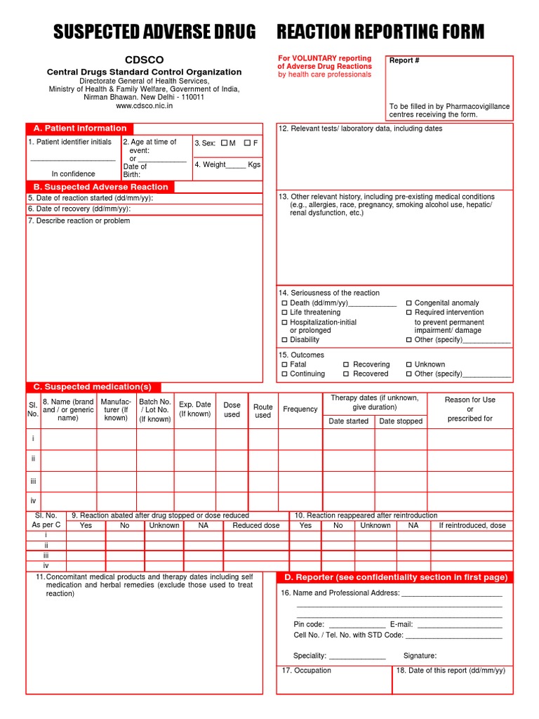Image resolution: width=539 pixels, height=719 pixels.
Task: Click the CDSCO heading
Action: pos(144,60)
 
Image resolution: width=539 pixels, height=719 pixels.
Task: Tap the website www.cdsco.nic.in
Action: pos(144,106)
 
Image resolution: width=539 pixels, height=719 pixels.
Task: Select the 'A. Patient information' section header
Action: pos(80,128)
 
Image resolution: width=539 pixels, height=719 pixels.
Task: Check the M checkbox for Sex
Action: pos(225,143)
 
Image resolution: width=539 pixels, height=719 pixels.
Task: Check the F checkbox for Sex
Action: pos(247,143)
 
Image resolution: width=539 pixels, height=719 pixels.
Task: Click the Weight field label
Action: pos(214,164)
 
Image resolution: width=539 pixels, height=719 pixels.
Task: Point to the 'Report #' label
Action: pos(405,60)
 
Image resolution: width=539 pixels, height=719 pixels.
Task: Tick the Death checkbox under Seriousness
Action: pos(284,303)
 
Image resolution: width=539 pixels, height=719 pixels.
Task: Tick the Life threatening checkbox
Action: pos(284,312)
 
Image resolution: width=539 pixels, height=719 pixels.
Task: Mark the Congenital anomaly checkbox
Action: pos(409,303)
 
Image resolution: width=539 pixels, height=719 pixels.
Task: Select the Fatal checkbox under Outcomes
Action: pos(284,364)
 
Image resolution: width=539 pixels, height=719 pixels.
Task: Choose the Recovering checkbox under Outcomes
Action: pos(347,364)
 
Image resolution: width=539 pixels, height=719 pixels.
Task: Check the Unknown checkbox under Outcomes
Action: pos(409,364)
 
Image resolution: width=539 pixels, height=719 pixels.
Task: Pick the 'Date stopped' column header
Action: pos(401,421)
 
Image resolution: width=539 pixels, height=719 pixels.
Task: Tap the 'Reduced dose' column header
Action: pos(255,525)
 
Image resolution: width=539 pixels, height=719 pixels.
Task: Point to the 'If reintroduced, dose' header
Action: pos(472,525)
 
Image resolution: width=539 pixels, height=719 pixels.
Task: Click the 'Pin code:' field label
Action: pos(309,624)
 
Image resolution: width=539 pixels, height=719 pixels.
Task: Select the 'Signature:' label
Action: pos(420,656)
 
